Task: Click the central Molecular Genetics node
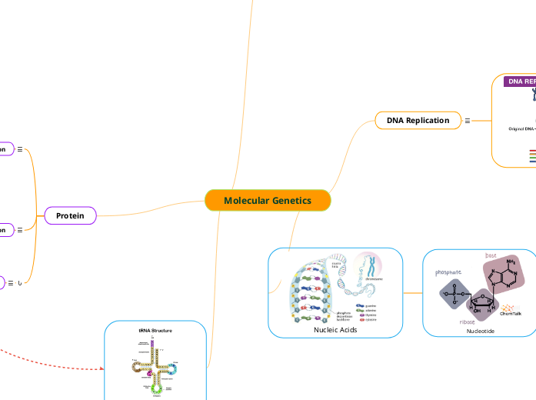(268, 201)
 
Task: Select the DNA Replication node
(418, 121)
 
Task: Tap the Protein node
(70, 216)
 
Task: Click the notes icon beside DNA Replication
(468, 121)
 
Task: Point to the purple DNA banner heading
(520, 82)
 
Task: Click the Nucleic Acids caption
(335, 329)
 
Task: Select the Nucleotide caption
(481, 331)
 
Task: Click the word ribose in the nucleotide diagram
(468, 322)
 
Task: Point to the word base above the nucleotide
(491, 255)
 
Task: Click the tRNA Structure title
(155, 330)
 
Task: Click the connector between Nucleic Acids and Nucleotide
(413, 292)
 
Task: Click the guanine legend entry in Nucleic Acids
(370, 305)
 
